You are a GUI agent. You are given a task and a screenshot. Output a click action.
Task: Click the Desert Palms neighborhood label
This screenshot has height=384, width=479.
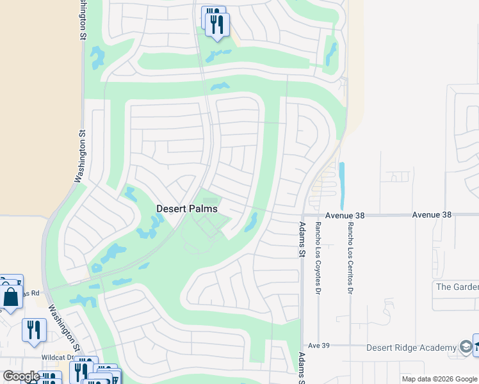(187, 209)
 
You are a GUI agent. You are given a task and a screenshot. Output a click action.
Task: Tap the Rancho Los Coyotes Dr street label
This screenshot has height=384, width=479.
(318, 258)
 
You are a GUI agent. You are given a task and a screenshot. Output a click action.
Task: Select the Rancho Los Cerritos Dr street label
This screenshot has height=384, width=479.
(350, 258)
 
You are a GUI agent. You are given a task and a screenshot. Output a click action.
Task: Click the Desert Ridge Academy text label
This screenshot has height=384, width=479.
(410, 348)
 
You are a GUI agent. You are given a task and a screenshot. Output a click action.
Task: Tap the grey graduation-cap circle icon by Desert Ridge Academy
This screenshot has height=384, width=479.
(466, 348)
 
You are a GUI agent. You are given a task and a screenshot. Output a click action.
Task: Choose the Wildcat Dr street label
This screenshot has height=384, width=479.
(58, 357)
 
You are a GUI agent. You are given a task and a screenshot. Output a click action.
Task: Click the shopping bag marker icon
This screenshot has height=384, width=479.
(11, 298)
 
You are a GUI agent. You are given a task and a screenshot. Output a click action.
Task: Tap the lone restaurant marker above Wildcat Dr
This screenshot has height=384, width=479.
(34, 330)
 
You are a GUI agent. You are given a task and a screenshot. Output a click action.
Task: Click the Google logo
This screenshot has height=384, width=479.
(20, 376)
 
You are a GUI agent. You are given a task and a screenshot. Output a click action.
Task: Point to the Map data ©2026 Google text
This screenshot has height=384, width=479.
(439, 379)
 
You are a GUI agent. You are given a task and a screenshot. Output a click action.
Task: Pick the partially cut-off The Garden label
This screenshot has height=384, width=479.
(457, 287)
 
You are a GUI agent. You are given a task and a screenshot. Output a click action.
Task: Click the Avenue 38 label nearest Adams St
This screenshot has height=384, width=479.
(344, 216)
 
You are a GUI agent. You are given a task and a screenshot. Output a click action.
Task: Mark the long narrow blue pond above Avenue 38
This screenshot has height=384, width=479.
(341, 186)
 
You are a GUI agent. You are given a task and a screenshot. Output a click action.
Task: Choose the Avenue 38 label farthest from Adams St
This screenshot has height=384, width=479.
(432, 215)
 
